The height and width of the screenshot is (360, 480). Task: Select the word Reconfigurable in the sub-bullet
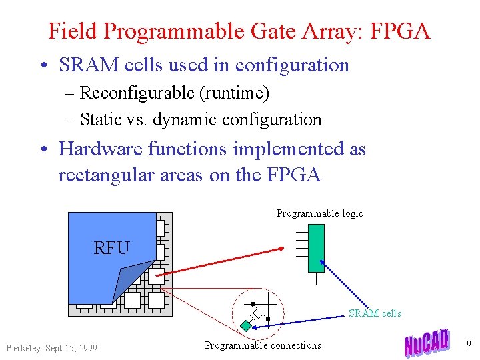[x=137, y=93]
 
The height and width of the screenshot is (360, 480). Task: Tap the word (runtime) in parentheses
[x=234, y=93]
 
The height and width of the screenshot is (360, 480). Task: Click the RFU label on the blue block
[x=111, y=248]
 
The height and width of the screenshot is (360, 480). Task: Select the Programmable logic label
[x=319, y=213]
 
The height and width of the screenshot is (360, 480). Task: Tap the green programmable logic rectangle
[x=316, y=248]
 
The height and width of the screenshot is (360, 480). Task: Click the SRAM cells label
[x=375, y=313]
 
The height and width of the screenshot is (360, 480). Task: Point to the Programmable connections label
[x=263, y=345]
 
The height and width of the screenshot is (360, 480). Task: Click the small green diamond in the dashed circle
[x=245, y=326]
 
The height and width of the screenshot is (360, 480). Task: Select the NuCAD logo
[x=427, y=341]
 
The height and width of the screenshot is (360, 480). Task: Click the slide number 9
[x=469, y=344]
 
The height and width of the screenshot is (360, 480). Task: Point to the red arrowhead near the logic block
[x=281, y=250]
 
